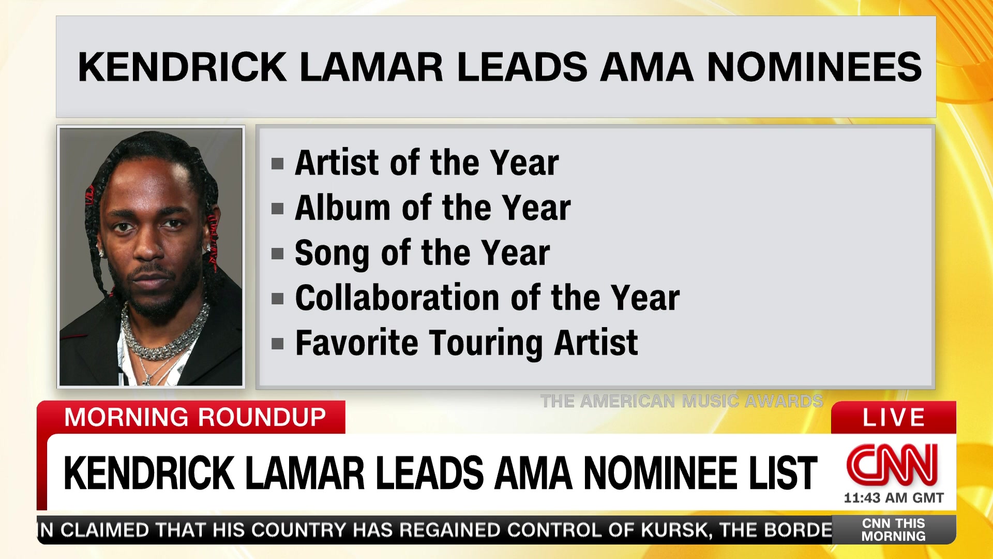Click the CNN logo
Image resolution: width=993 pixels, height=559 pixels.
tap(892, 464)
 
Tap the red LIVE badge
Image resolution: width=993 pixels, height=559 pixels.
tap(893, 417)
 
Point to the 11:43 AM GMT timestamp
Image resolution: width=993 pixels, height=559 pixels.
tap(894, 498)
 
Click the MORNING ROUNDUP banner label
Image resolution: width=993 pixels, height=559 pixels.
tap(195, 417)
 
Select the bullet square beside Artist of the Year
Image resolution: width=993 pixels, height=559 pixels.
tap(278, 164)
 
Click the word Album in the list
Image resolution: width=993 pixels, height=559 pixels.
tap(342, 208)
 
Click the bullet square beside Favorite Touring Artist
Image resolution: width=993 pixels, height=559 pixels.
tap(278, 344)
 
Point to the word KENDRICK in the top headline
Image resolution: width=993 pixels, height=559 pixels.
tap(182, 67)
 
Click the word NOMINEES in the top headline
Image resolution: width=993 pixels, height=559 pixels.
tap(814, 67)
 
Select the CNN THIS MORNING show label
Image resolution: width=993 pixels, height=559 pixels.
tap(894, 529)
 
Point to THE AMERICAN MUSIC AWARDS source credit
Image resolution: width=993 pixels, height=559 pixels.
tap(682, 401)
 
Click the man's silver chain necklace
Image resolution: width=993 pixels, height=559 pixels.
tap(164, 336)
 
